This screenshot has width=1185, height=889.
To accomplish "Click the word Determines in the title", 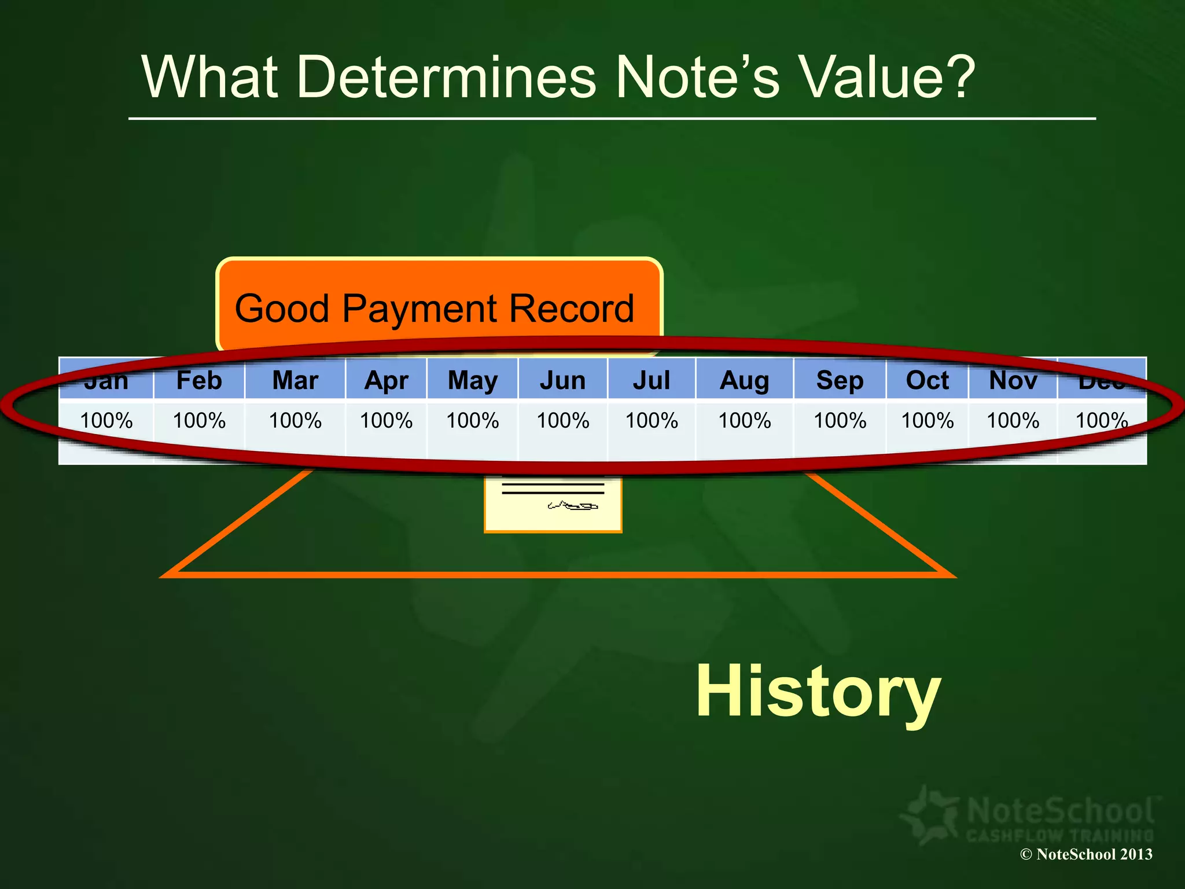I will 446,77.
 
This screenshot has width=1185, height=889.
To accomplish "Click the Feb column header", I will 199,380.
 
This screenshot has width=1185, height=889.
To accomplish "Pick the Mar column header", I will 295,380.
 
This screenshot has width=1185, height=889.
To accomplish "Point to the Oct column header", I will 927,380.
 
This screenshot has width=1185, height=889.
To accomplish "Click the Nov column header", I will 1013,380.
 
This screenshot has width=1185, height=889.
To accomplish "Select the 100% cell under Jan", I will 106,420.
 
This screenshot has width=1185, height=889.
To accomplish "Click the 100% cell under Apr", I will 386,420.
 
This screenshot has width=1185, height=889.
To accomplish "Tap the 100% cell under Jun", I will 562,420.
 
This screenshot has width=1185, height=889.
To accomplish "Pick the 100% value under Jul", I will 652,420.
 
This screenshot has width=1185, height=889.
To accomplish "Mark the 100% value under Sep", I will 840,420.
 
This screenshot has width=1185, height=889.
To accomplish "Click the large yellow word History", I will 818,692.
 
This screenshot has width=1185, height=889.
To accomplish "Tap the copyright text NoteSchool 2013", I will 1086,854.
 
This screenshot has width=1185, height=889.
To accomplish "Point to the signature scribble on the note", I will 573,506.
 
